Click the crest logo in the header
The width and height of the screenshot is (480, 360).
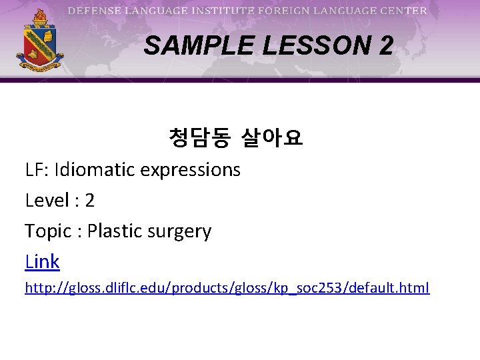40,41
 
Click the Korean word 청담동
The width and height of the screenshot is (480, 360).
199,139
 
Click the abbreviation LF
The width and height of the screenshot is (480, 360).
35,170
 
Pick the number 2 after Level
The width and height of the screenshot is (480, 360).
89,201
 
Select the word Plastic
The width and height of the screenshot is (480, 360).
113,231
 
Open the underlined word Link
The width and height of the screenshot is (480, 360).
42,262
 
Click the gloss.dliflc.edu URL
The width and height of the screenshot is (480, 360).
227,288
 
